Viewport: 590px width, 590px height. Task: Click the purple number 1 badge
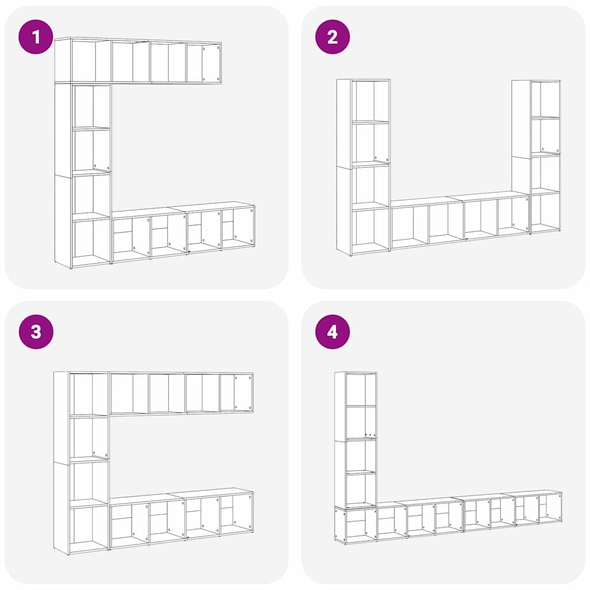pos(36,37)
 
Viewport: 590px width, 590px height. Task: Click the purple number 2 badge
pos(332,37)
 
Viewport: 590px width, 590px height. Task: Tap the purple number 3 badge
pos(36,331)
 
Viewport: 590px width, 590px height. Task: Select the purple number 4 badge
pos(332,331)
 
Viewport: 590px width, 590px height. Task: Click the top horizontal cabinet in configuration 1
pos(138,61)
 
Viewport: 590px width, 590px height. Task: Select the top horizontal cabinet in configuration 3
pos(181,393)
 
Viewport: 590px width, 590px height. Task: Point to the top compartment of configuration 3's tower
pos(90,394)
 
